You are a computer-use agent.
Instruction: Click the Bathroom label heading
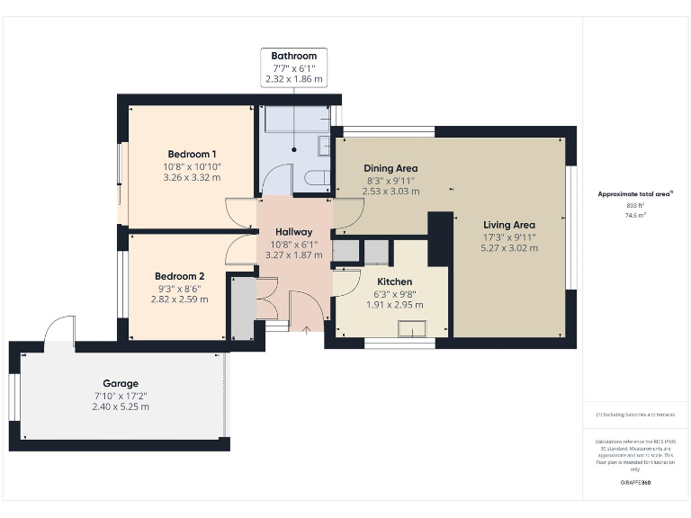(x=294, y=56)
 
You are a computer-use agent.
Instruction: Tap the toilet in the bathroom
(x=318, y=179)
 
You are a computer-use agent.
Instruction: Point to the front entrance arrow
(x=307, y=330)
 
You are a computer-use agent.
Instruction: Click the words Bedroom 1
(x=191, y=154)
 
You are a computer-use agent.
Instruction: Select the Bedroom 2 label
(x=179, y=276)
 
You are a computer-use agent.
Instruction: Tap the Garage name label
(x=120, y=383)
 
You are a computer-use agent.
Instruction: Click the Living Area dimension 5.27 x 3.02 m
(x=509, y=248)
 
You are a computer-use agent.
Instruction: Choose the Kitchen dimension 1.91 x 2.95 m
(x=394, y=305)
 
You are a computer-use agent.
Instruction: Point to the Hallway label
(x=294, y=232)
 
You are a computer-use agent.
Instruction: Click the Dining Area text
(x=390, y=168)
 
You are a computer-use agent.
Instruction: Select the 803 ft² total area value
(x=636, y=206)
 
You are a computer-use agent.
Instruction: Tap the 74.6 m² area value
(x=636, y=216)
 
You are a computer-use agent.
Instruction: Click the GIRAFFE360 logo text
(x=636, y=483)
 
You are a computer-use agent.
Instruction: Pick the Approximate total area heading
(x=635, y=193)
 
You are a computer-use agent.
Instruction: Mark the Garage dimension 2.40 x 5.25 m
(x=120, y=406)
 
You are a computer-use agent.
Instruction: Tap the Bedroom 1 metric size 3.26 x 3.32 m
(x=191, y=177)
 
